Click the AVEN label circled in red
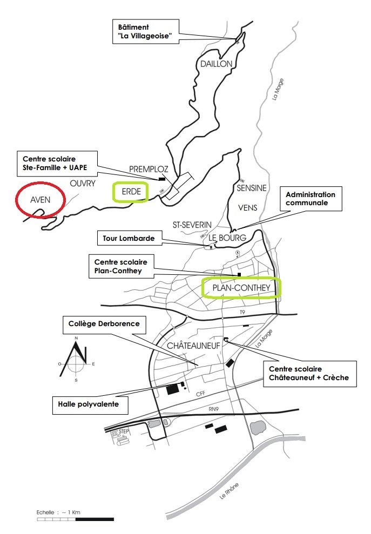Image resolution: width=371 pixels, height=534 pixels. tap(40, 200)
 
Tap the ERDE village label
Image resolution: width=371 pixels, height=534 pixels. tap(131, 191)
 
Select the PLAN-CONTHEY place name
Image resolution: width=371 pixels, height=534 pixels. tap(241, 288)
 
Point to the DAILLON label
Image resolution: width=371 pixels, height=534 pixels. tap(217, 64)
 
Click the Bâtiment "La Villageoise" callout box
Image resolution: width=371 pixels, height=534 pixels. tap(146, 31)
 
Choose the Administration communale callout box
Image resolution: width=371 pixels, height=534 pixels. tap(311, 199)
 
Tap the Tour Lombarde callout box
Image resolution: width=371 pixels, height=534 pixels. tap(129, 239)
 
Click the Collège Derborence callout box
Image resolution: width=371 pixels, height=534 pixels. tap(104, 325)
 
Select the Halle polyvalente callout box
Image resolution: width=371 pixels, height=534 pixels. tap(90, 404)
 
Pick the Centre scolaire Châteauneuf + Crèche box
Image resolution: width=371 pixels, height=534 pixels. tap(309, 374)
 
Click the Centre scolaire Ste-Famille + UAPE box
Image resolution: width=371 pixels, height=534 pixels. tap(57, 164)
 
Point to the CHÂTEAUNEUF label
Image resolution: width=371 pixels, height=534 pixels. tap(193, 346)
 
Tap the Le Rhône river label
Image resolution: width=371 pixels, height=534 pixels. tap(229, 491)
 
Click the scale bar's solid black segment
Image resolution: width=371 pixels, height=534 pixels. tap(95, 519)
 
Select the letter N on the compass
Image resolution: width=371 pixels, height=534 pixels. tap(76, 338)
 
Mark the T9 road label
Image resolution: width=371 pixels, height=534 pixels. tap(242, 312)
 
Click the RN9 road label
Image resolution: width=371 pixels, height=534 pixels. tap(214, 409)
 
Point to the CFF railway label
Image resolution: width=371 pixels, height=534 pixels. tap(201, 394)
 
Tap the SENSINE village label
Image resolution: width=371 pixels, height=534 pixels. tap(252, 188)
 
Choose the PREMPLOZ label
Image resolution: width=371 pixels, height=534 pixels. tap(149, 169)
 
